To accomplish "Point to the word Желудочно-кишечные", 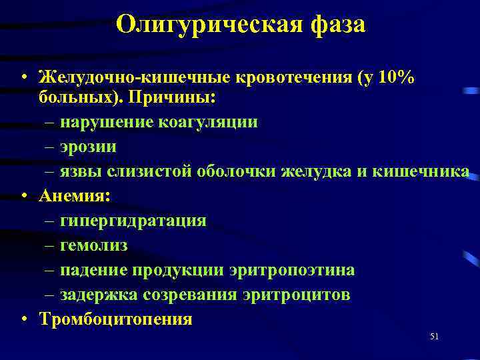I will coord(133,78).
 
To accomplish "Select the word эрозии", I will coord(88,146).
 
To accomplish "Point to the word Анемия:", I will coord(75,195).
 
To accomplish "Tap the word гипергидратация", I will coord(133,220).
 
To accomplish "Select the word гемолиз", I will coord(93,245).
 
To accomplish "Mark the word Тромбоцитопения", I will coord(115,319).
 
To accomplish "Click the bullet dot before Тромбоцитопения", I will coord(24,319).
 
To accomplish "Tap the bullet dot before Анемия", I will coord(24,195).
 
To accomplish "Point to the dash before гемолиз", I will coord(51,245).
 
